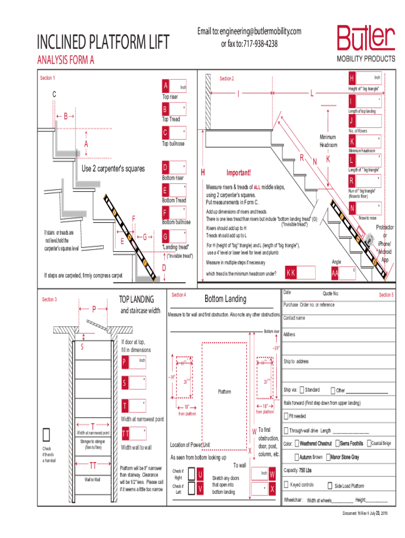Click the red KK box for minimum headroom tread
point(290,273)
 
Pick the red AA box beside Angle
point(335,274)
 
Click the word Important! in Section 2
point(239,173)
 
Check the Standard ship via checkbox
point(302,390)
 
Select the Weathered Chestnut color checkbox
point(297,443)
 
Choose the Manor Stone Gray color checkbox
point(327,457)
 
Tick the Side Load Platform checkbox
point(330,486)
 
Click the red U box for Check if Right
point(200,474)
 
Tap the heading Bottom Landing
point(225,299)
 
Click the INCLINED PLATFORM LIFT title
point(103,43)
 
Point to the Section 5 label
point(386,295)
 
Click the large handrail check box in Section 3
point(46,433)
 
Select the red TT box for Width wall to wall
point(126,433)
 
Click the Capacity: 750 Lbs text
point(298,470)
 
